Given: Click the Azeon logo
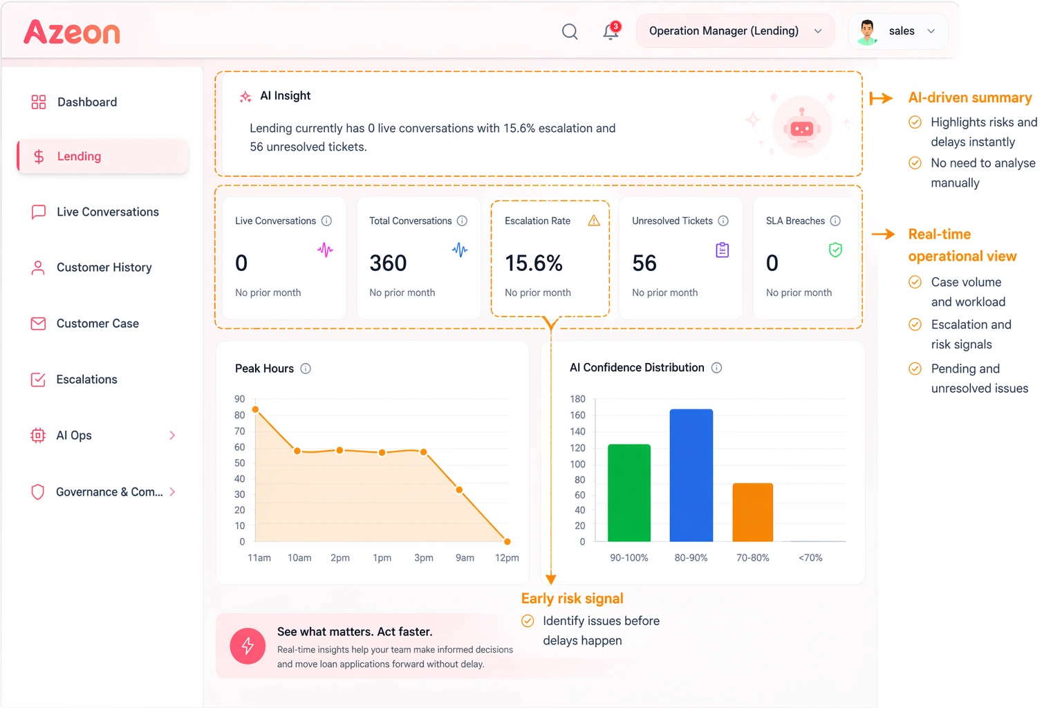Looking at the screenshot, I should click(x=72, y=32).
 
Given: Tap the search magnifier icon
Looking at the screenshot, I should click(x=570, y=32).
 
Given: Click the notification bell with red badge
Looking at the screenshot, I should click(x=611, y=31).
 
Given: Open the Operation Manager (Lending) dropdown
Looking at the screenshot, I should click(x=734, y=31).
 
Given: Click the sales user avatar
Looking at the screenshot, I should click(x=867, y=32).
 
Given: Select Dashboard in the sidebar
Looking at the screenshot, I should click(x=87, y=102).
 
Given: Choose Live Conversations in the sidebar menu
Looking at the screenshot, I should click(x=107, y=212).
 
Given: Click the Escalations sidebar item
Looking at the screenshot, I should click(x=86, y=380).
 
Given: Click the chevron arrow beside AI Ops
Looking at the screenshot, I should click(x=172, y=436).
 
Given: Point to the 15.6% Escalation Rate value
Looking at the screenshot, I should click(x=534, y=263).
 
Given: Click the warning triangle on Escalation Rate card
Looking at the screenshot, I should click(x=594, y=221).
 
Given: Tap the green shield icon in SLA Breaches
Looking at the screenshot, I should click(x=835, y=250).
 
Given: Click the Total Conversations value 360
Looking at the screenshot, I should click(x=388, y=263).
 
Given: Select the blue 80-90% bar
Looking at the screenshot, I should click(x=691, y=476).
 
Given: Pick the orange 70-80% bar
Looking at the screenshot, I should click(x=752, y=512).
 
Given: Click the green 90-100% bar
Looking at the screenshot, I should click(x=628, y=493).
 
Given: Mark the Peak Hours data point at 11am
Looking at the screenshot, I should click(x=256, y=410).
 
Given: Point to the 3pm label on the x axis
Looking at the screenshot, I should click(x=424, y=558).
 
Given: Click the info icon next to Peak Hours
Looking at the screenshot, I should click(x=306, y=369).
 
